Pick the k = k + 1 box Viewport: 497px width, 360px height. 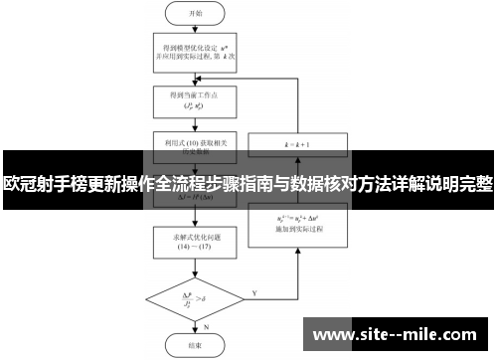(296, 145)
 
